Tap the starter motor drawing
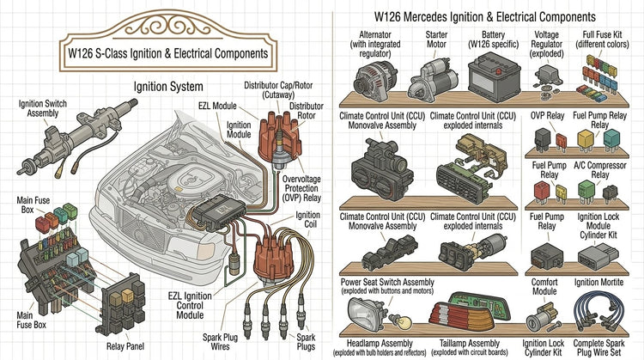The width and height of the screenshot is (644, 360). [x=434, y=80]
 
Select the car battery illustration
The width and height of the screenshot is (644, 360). [x=494, y=76]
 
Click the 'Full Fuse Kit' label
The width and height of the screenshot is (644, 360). [x=602, y=40]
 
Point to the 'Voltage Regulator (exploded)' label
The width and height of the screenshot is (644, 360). [x=546, y=44]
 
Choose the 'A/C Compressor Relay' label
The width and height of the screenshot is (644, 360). [x=599, y=170]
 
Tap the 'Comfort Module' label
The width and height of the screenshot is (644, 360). [x=544, y=286]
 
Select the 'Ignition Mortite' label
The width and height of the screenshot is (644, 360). [x=598, y=283]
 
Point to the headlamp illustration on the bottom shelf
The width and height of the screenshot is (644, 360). [x=367, y=314]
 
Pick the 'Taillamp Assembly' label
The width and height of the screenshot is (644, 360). [x=470, y=343]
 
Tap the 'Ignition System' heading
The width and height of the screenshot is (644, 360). [x=168, y=87]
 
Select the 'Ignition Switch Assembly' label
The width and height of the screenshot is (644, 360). [x=43, y=108]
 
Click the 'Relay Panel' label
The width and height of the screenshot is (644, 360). [x=125, y=346]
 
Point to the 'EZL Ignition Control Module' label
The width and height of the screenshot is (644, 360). [x=190, y=305]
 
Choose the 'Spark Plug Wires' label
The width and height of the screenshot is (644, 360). [x=220, y=342]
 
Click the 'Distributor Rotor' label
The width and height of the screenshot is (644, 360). [x=307, y=111]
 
